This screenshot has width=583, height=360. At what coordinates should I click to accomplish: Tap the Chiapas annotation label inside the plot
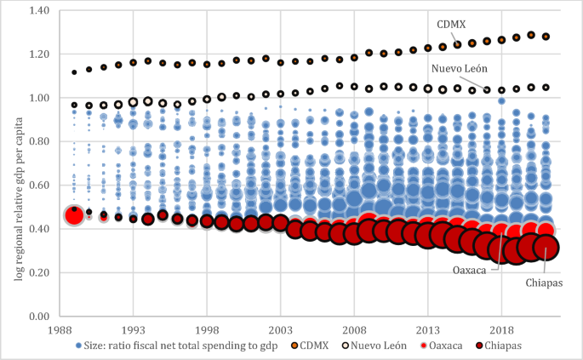542,283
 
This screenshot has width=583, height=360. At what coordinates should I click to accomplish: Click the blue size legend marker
79,346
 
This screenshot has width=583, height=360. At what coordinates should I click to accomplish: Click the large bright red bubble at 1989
74,215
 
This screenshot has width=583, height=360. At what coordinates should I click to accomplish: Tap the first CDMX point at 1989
74,72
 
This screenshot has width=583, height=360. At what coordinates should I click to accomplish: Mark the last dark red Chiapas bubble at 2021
546,248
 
